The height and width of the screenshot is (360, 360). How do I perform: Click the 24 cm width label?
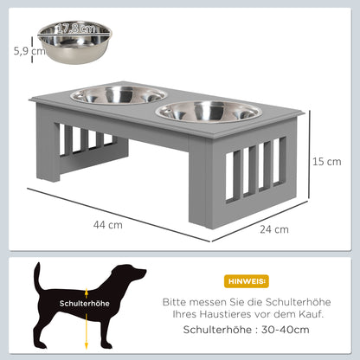[273, 228]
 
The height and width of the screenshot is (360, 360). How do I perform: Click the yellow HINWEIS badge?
[247, 281]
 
